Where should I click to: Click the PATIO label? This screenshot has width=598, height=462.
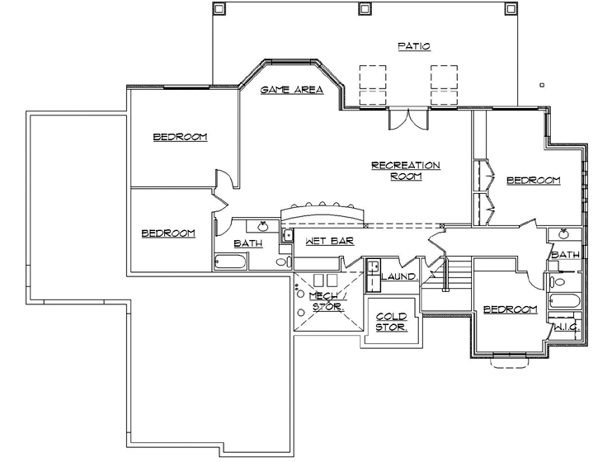tap(413, 46)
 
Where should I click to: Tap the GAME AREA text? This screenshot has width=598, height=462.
tap(291, 90)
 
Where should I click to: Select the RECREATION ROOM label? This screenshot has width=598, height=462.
tap(405, 170)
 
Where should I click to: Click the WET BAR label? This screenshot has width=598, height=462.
tap(329, 242)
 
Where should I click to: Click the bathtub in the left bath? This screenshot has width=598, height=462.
tap(231, 262)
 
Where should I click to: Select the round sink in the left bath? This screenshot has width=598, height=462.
tap(263, 226)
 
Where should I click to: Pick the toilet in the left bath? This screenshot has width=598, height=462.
tap(281, 262)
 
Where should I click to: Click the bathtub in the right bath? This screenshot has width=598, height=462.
tap(567, 301)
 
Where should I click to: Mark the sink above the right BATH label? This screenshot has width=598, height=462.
tap(564, 234)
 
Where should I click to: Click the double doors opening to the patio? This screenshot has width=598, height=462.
tap(408, 119)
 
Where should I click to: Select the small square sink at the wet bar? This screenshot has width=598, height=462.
tap(289, 236)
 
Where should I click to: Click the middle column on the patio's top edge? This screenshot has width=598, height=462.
tap(363, 9)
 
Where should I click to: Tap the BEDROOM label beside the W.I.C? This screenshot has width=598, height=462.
tap(510, 309)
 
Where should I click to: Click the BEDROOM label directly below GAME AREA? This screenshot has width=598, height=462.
tap(180, 137)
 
